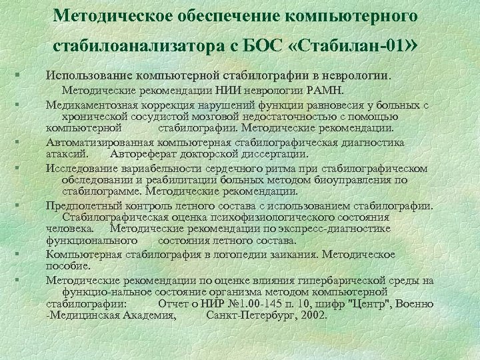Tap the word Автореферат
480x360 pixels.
(143, 153)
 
